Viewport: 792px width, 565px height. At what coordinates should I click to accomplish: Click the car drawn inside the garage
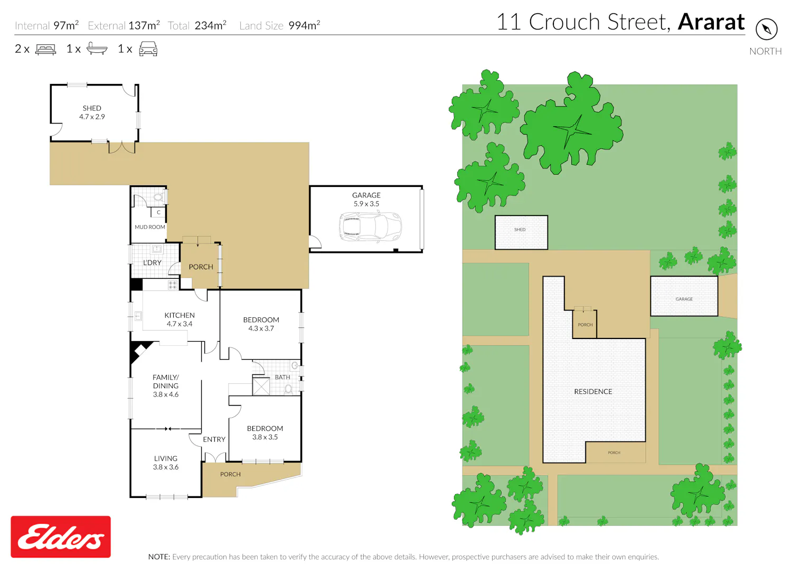[370, 227]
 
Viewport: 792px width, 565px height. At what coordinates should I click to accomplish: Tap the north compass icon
[766, 29]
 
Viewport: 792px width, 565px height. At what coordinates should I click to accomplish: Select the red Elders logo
[61, 536]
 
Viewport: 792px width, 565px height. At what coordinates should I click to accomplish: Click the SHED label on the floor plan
[92, 108]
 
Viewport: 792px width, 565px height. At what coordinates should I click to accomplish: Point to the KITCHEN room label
[180, 315]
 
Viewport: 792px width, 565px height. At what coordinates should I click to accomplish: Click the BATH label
[282, 377]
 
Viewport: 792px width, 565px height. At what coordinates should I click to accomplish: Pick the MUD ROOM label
[150, 227]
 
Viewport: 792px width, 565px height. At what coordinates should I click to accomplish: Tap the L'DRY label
[152, 262]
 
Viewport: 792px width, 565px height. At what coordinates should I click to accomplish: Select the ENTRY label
[214, 439]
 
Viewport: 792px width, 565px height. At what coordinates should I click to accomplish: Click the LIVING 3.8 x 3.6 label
[165, 463]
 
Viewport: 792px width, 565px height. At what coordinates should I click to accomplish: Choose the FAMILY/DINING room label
[165, 381]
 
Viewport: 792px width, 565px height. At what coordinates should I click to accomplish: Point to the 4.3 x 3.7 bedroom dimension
[261, 328]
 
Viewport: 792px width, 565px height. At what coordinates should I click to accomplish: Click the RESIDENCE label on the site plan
[593, 391]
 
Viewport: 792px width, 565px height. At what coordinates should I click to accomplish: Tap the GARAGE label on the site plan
[684, 299]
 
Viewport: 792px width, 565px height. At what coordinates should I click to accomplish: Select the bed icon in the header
[45, 49]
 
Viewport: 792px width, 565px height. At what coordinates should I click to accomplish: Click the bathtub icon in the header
[97, 48]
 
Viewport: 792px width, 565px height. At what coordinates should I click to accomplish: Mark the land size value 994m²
[304, 25]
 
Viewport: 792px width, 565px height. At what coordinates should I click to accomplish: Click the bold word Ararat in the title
[711, 22]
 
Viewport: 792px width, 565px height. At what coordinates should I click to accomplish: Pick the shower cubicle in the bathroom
[261, 386]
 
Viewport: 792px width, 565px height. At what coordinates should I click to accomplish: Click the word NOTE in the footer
[159, 557]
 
